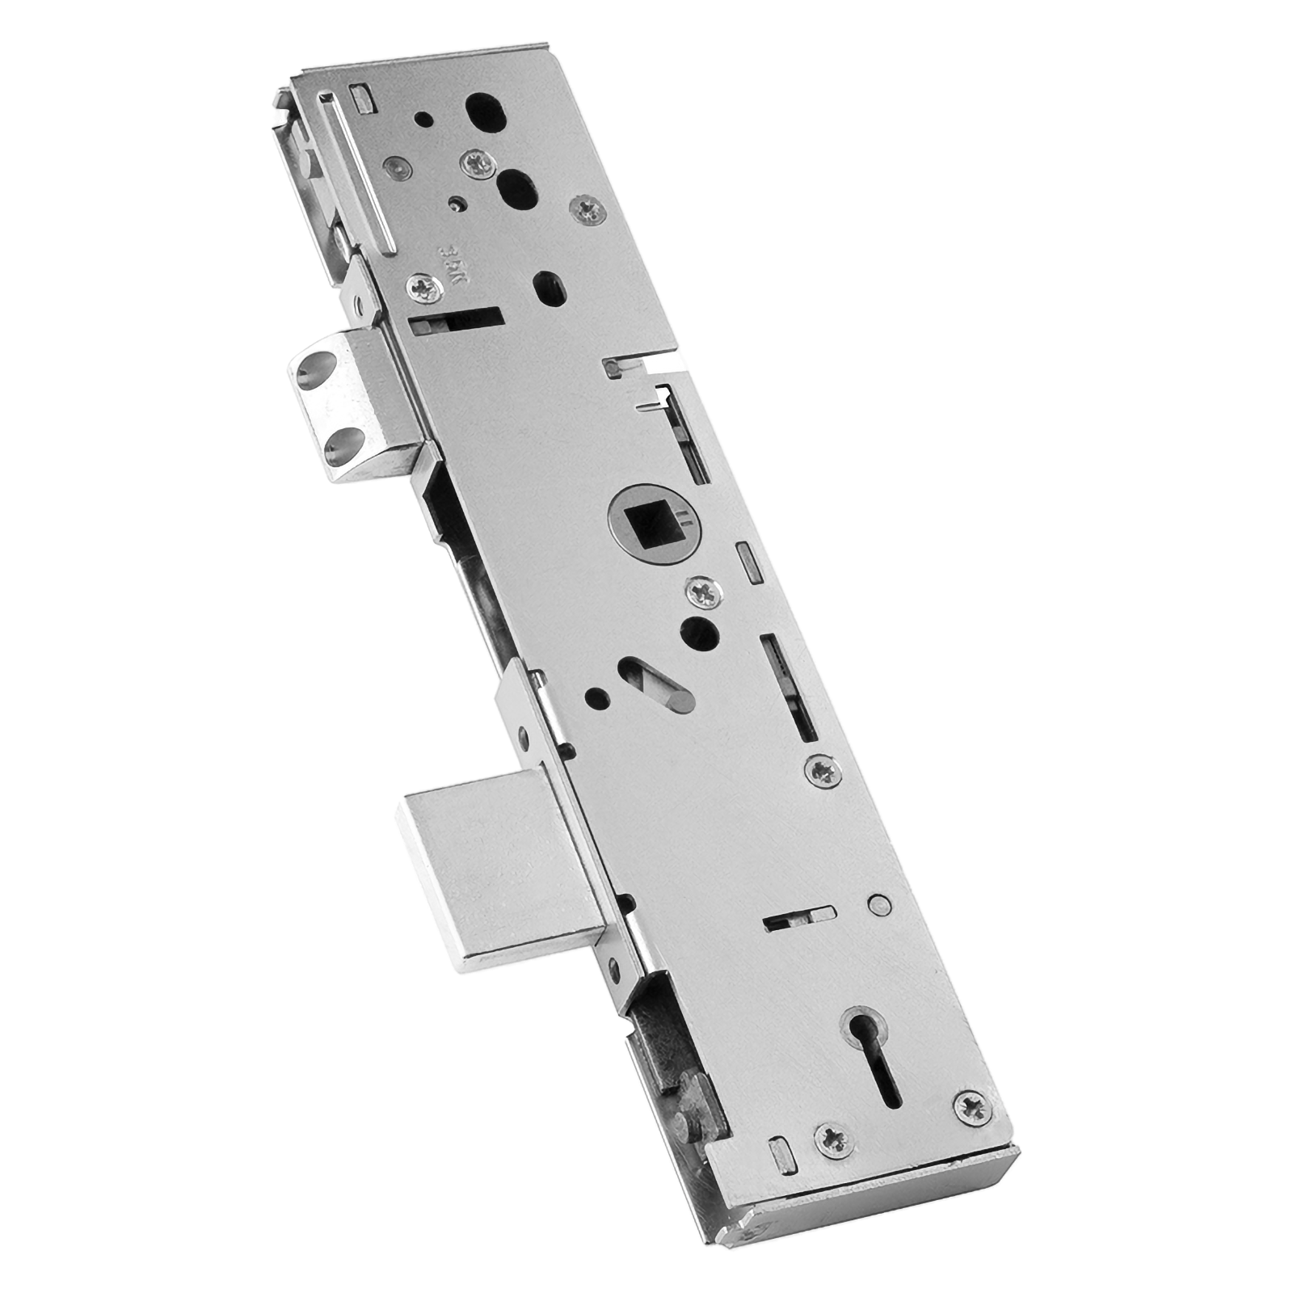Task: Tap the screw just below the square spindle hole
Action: coord(701,593)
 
